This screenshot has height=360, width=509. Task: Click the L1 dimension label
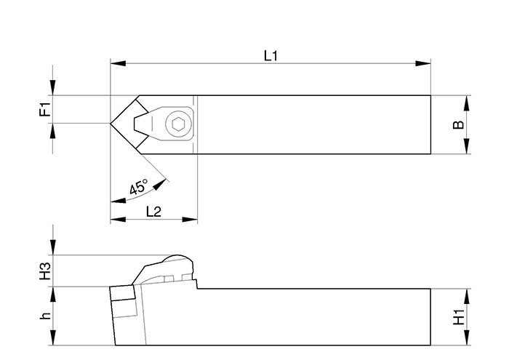click(x=270, y=55)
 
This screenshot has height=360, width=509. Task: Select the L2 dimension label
click(x=153, y=211)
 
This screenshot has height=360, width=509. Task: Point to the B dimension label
click(x=458, y=124)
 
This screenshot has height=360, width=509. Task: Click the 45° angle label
click(x=138, y=186)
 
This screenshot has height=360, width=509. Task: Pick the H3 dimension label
click(x=44, y=271)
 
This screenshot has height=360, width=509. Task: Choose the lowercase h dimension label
click(x=44, y=316)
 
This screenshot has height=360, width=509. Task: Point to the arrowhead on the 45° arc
click(x=158, y=185)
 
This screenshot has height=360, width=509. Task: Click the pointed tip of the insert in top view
click(x=111, y=124)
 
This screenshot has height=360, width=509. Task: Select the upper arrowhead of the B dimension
click(x=466, y=103)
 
